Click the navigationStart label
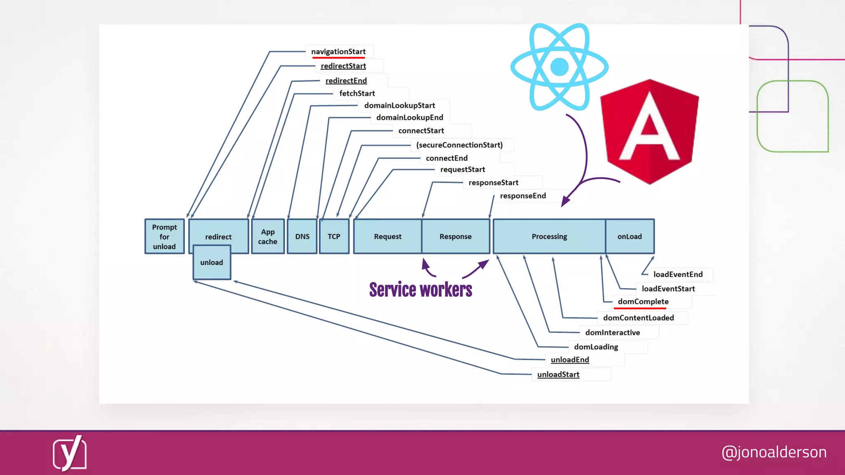point(338,52)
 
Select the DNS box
point(302,236)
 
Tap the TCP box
point(334,236)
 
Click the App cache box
point(268,236)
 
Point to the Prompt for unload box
point(164,236)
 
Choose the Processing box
point(549,236)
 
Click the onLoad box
point(630,236)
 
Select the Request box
point(387,236)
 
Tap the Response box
point(455,236)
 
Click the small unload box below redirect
point(212,263)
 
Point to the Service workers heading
point(420,290)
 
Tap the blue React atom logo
point(559,67)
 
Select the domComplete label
point(643,301)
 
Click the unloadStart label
point(558,374)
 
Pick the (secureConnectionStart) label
point(459,145)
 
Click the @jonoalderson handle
point(774,452)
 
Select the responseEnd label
point(523,196)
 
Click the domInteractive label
point(612,333)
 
